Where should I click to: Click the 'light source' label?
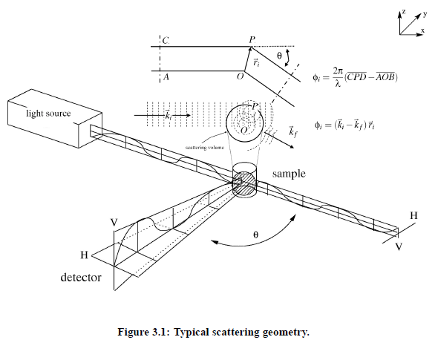tap(48, 114)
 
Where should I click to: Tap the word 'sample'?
tap(289, 174)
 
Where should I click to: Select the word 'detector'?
tap(81, 278)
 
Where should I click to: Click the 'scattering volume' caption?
tap(205, 147)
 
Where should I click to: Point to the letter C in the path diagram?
tap(166, 41)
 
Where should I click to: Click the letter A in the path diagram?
tap(166, 76)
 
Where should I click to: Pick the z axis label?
tap(404, 11)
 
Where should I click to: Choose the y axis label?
tap(425, 14)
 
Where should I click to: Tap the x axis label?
tap(423, 30)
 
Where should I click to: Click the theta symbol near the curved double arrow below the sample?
tap(255, 235)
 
